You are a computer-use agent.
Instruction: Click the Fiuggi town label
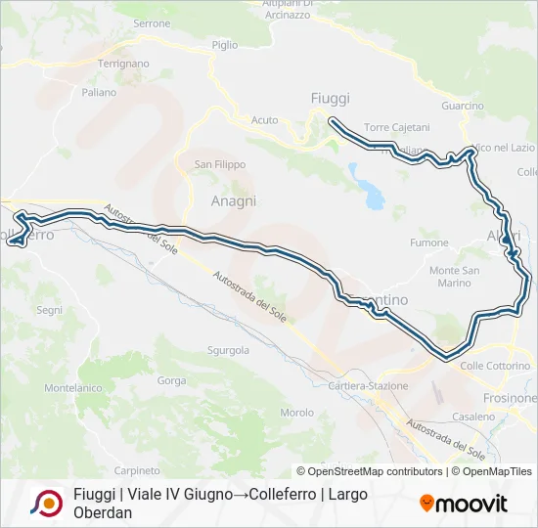(x=330, y=98)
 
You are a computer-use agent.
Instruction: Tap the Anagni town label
(x=234, y=200)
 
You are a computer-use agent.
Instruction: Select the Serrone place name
(x=152, y=23)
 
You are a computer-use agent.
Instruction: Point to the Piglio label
(x=224, y=45)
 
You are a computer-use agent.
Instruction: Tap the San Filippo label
(x=220, y=164)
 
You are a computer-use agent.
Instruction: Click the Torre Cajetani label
(x=396, y=128)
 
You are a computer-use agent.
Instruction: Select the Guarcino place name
(x=463, y=106)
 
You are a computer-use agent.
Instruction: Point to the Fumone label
(x=429, y=242)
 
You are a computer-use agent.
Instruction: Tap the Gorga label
(x=171, y=380)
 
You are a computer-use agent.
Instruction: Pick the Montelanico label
(x=73, y=388)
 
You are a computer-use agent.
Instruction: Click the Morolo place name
(x=296, y=413)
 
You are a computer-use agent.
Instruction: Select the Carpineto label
(x=137, y=470)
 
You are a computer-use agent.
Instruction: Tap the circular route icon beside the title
(x=46, y=504)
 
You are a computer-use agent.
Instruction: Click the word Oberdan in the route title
(x=103, y=512)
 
